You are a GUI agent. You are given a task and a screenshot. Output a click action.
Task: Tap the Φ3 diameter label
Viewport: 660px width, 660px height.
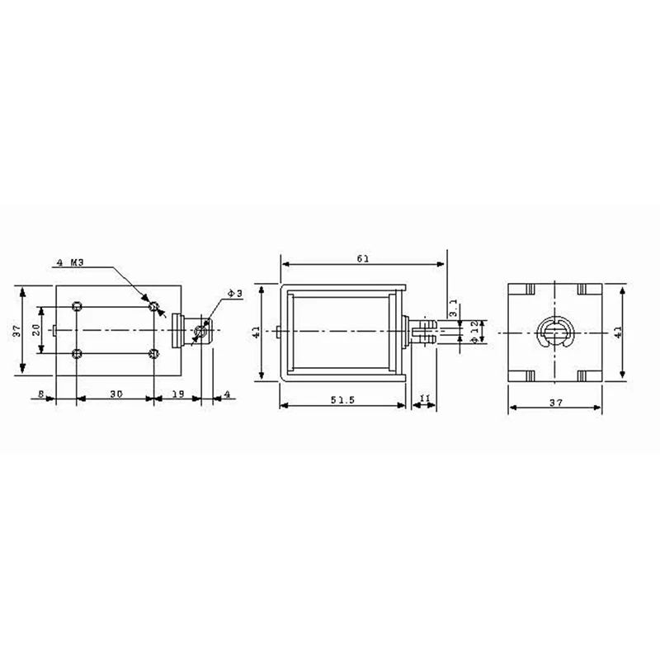click(x=233, y=294)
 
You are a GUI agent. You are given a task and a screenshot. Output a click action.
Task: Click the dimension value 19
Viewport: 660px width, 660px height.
click(x=177, y=395)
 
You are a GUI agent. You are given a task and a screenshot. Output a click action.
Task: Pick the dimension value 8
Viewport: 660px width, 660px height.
click(x=40, y=395)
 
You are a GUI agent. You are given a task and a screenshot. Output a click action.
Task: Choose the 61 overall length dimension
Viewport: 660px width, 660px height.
click(x=362, y=258)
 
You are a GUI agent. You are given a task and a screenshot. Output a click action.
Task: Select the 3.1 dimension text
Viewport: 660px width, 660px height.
click(x=453, y=309)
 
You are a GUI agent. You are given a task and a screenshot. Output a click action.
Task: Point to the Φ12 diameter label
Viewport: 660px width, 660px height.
click(x=474, y=329)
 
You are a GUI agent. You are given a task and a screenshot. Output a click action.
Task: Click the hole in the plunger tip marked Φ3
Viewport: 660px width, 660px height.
click(x=200, y=332)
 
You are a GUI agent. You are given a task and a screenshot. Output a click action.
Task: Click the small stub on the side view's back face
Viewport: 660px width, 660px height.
click(x=282, y=332)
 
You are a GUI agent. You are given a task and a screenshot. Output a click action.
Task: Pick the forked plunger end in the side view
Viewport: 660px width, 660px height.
click(x=424, y=332)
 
